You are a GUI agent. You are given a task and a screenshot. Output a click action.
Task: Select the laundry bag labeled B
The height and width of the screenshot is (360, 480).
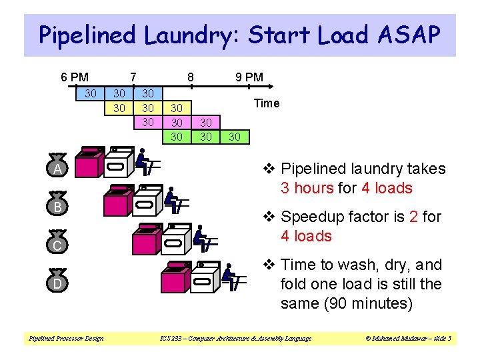tap(58, 205)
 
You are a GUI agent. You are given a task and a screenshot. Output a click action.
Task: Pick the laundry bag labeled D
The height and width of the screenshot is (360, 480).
tap(58, 282)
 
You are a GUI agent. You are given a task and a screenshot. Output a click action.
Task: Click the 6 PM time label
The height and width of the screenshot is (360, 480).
tap(75, 77)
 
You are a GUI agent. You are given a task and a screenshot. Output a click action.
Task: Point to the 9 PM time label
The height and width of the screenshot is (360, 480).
tap(249, 77)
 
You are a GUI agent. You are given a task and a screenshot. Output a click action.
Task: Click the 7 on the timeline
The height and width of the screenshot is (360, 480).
tap(133, 77)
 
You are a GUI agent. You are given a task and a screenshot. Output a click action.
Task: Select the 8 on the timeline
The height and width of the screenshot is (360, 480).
tap(190, 77)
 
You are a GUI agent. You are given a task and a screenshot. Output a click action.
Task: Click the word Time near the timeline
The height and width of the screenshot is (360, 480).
tap(267, 103)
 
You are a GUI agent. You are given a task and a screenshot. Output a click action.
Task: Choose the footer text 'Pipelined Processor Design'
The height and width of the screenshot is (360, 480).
tap(65, 339)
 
